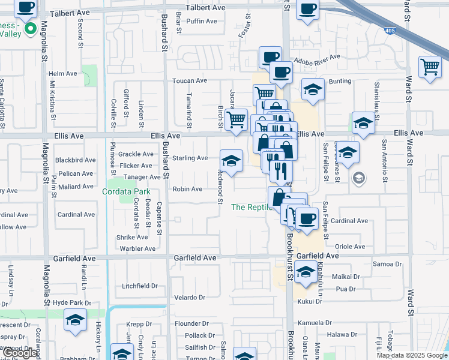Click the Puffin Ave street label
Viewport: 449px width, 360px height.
(x=202, y=21)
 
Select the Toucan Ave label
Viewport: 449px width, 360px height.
(x=190, y=80)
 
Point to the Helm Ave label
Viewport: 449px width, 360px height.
(x=63, y=74)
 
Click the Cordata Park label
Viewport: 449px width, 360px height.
(x=125, y=191)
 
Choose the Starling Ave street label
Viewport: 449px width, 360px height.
(x=190, y=158)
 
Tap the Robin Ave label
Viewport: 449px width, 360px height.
(x=187, y=189)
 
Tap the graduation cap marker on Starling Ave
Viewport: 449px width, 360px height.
(x=231, y=160)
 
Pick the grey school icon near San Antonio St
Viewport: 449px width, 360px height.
(x=358, y=177)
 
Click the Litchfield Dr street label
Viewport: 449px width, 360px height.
(x=139, y=286)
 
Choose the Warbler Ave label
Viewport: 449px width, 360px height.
(x=137, y=248)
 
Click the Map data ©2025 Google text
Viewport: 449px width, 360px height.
(x=412, y=355)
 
